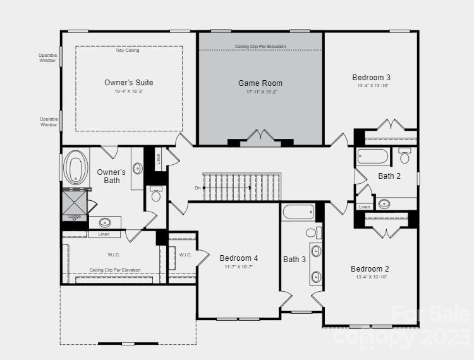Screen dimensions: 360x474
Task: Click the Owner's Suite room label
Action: point(128,83)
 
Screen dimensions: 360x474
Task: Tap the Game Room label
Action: point(260,83)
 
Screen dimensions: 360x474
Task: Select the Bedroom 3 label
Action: point(371,77)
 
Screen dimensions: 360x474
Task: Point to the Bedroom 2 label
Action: point(370,269)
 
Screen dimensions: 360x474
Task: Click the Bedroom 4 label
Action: point(238,258)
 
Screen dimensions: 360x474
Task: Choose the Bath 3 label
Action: point(295,260)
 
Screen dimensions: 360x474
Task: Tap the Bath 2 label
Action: point(389,176)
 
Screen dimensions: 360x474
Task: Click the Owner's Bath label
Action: point(111,176)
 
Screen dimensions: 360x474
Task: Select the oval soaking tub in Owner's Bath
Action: point(76,168)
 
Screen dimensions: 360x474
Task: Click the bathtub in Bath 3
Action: point(298,212)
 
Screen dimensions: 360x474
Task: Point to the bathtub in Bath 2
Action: point(373,156)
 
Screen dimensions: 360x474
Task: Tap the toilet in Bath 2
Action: point(405,155)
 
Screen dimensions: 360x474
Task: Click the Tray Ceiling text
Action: point(127,51)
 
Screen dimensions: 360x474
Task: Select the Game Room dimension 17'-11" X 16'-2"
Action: point(261,92)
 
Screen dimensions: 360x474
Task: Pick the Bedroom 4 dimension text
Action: point(238,267)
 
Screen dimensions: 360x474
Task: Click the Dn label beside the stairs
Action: point(198,188)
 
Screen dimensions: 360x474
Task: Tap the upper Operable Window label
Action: point(48,57)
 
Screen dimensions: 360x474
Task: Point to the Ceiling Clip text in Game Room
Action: point(260,47)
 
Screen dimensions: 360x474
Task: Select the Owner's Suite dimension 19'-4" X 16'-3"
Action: point(128,92)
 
